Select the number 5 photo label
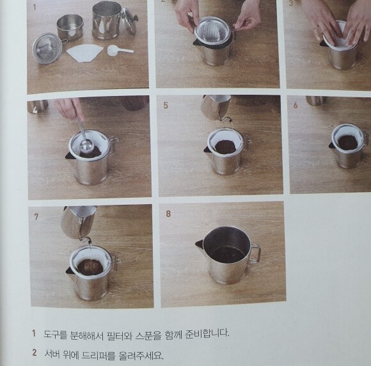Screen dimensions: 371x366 coord(166,106)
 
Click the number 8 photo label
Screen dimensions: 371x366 coord(168,214)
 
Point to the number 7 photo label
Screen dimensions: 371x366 coord(36,217)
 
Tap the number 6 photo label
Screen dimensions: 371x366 coord(296,106)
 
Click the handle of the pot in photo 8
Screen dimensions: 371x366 coord(255,253)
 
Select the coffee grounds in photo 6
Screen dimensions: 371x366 coord(347,142)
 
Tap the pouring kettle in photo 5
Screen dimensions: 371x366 coord(216,107)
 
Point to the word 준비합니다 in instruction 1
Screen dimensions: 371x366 coord(207,333)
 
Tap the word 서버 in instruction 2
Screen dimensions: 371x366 coord(52,354)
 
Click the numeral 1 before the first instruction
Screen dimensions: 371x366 coord(34,333)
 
